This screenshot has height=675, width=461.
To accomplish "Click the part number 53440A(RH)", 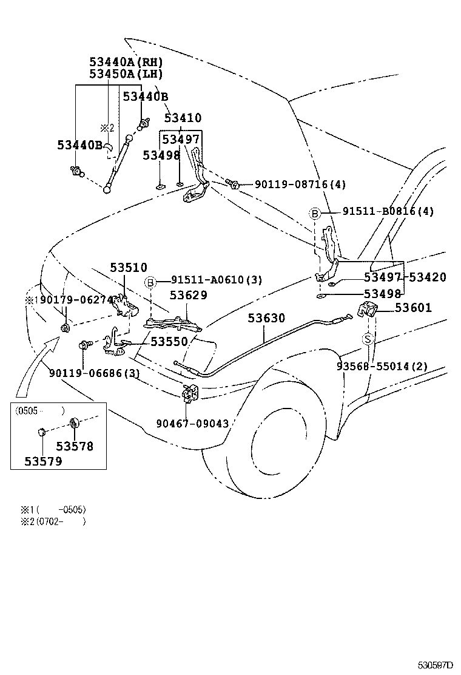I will tap(126, 62).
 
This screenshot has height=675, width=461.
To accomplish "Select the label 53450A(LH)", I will tap(126, 74).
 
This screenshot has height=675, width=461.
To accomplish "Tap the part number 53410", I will tap(183, 118).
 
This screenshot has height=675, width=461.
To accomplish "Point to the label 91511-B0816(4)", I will tap(388, 212).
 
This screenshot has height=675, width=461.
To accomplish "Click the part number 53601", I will tap(413, 308).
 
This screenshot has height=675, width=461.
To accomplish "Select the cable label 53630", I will tap(266, 319).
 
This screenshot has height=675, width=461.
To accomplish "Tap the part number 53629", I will tap(188, 295).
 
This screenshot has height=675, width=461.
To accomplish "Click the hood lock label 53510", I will tap(129, 268).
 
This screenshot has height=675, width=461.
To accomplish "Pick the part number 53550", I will tap(169, 342).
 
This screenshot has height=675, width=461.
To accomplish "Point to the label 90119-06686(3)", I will tap(95, 373).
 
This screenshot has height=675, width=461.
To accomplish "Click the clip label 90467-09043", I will tap(192, 424).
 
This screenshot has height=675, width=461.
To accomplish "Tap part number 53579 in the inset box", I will tap(43, 461).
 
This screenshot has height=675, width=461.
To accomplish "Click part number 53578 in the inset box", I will tap(75, 446).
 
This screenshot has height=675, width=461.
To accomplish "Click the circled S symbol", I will tap(368, 339).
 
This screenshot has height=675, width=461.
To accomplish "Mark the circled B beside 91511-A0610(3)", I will tap(150, 281).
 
